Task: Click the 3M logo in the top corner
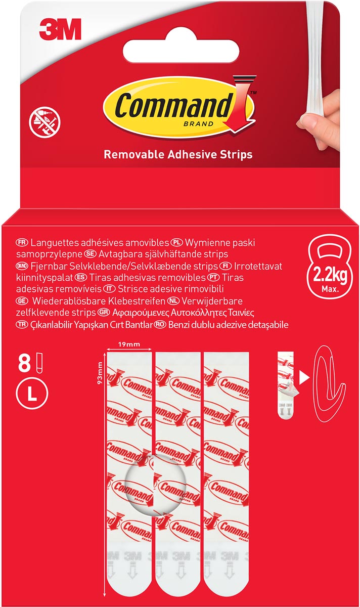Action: click(60, 29)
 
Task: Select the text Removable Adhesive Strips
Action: click(178, 154)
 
